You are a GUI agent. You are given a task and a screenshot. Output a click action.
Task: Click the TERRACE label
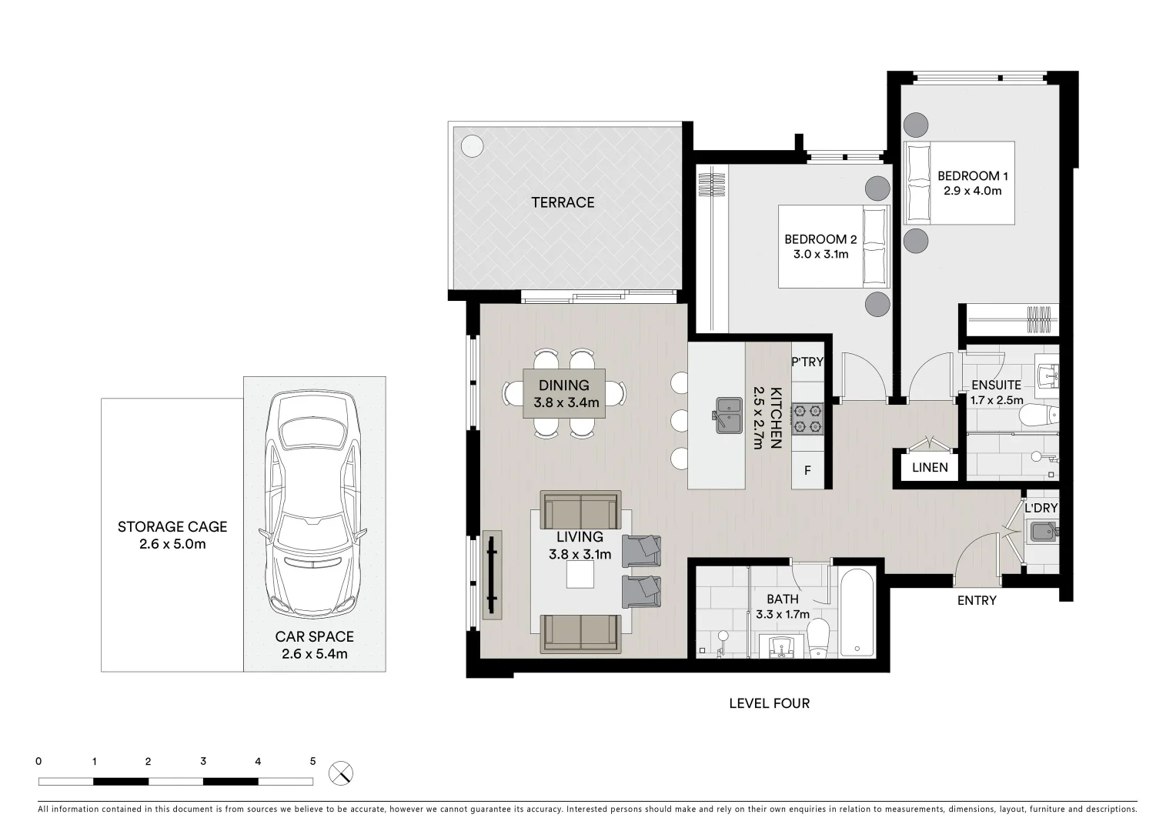563,202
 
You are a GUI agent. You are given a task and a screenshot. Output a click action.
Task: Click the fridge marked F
807,470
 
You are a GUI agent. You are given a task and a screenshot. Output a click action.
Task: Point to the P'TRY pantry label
807,362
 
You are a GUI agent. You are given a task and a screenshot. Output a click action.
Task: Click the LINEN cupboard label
930,467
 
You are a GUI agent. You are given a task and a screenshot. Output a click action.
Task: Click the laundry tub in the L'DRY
1043,532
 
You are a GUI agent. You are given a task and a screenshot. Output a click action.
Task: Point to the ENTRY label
977,600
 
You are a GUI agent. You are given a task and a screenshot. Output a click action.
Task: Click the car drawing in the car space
314,504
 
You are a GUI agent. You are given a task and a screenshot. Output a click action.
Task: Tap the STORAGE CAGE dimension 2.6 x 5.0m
172,545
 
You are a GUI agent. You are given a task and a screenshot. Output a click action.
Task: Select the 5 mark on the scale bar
312,762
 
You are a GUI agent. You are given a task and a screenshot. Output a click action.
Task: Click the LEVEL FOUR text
769,703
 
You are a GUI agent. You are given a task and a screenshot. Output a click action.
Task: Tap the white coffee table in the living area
581,575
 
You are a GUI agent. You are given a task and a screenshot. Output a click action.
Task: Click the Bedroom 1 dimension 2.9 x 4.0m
973,191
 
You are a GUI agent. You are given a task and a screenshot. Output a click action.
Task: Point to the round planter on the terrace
472,145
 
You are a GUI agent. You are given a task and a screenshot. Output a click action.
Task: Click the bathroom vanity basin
780,646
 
